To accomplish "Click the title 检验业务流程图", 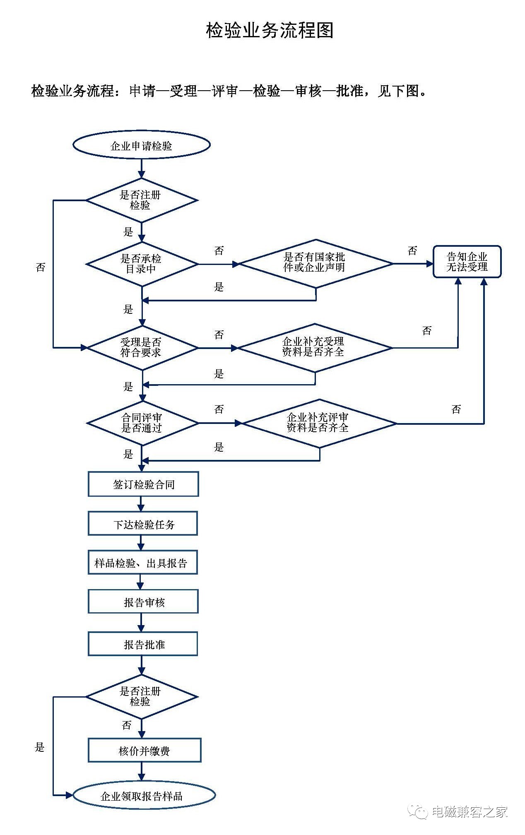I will point(270,31).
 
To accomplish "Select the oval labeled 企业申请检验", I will point(142,145).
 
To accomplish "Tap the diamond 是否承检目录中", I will point(142,264).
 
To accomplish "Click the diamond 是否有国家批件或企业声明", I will point(315,263).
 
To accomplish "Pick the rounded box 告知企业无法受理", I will point(467,262).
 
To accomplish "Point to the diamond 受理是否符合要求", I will point(142,347).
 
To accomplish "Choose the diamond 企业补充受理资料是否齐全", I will point(315,347).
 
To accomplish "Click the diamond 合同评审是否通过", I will point(142,423).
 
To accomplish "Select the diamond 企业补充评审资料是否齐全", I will point(318,423).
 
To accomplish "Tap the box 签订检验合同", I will point(143,484).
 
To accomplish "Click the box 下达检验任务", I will point(143,524).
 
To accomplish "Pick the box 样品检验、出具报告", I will point(142,563).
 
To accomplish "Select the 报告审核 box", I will point(143,602).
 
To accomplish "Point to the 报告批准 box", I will point(143,644).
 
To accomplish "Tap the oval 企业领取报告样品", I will point(144,796).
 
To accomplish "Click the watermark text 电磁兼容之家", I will point(469,811).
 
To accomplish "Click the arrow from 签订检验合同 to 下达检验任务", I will point(141,504).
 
